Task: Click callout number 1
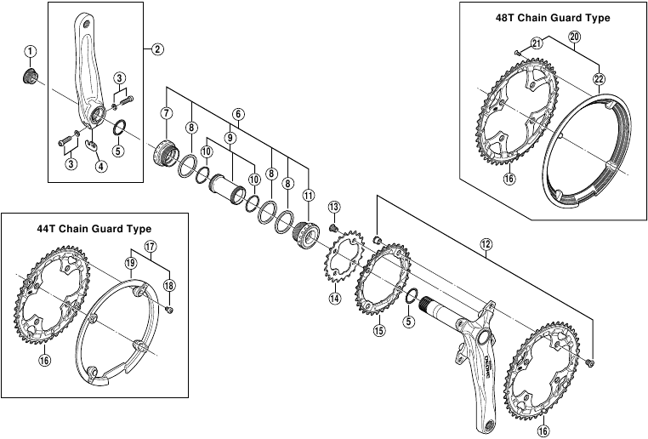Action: click(x=31, y=52)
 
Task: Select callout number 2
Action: click(x=157, y=48)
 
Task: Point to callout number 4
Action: click(x=101, y=166)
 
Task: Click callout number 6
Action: click(x=238, y=113)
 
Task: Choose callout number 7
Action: click(x=166, y=113)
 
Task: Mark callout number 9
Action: click(x=229, y=137)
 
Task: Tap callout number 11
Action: click(x=308, y=194)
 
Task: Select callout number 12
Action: click(x=486, y=244)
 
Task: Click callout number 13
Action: click(x=334, y=207)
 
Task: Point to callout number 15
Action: click(x=379, y=330)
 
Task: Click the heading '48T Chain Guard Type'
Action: click(x=552, y=16)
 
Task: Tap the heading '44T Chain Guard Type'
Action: click(x=94, y=229)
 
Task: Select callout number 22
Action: click(x=599, y=79)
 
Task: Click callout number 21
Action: click(x=536, y=43)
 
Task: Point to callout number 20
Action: click(x=574, y=37)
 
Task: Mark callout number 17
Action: click(x=150, y=248)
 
